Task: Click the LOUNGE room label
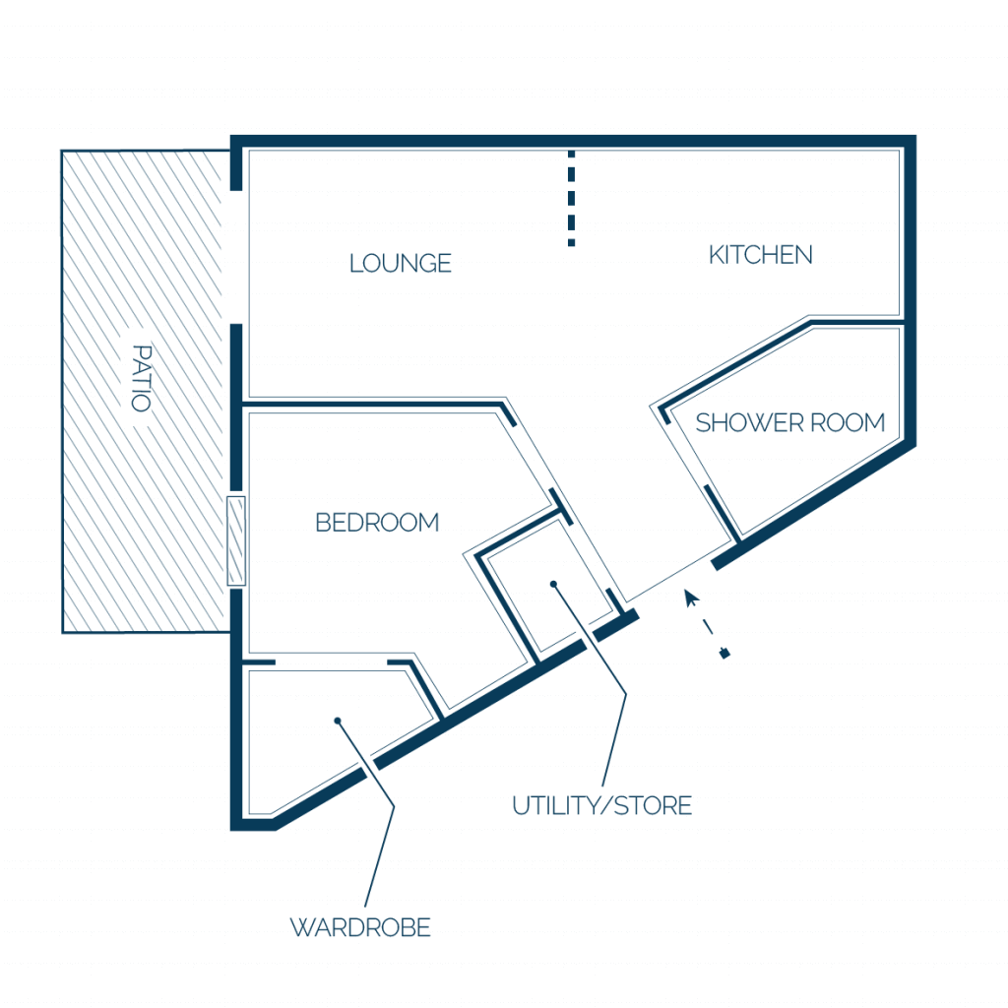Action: click(401, 264)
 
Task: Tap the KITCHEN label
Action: click(761, 255)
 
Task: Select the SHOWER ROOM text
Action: click(790, 423)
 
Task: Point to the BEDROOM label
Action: click(377, 523)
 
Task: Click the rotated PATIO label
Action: click(142, 378)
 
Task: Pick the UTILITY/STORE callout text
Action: click(601, 805)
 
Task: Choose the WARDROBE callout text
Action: click(360, 927)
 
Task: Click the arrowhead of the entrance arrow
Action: click(691, 598)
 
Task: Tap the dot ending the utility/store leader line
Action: click(553, 585)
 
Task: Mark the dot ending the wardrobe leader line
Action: click(338, 721)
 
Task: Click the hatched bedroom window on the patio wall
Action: click(236, 541)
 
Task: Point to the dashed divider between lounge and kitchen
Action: click(571, 198)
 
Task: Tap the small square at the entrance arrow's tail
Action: click(725, 655)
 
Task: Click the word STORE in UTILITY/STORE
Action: click(654, 805)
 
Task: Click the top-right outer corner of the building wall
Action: click(915, 136)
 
